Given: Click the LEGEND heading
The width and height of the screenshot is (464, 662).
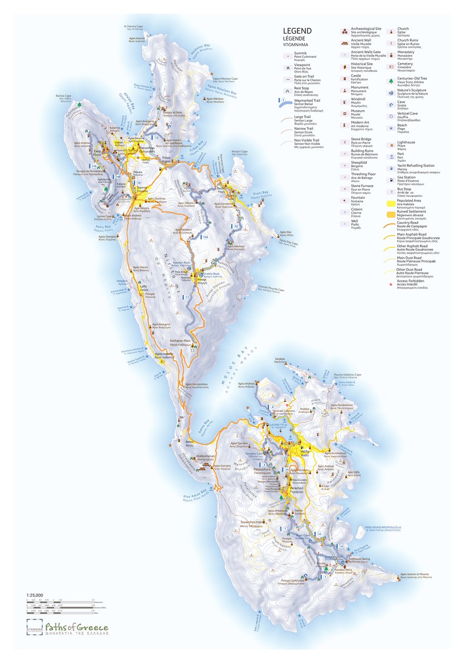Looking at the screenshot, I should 297,31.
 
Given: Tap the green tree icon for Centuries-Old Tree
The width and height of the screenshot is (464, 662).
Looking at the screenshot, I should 391,80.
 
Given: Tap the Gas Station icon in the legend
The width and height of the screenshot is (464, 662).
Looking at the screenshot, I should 391,179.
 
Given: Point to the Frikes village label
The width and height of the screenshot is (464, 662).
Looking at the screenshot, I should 166,158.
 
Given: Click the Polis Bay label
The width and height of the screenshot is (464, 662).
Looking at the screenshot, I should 107,230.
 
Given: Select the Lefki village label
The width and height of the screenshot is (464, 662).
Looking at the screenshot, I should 143,287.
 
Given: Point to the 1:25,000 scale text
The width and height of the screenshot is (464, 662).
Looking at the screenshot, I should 35,595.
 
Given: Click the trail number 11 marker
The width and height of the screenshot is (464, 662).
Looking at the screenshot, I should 188,297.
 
